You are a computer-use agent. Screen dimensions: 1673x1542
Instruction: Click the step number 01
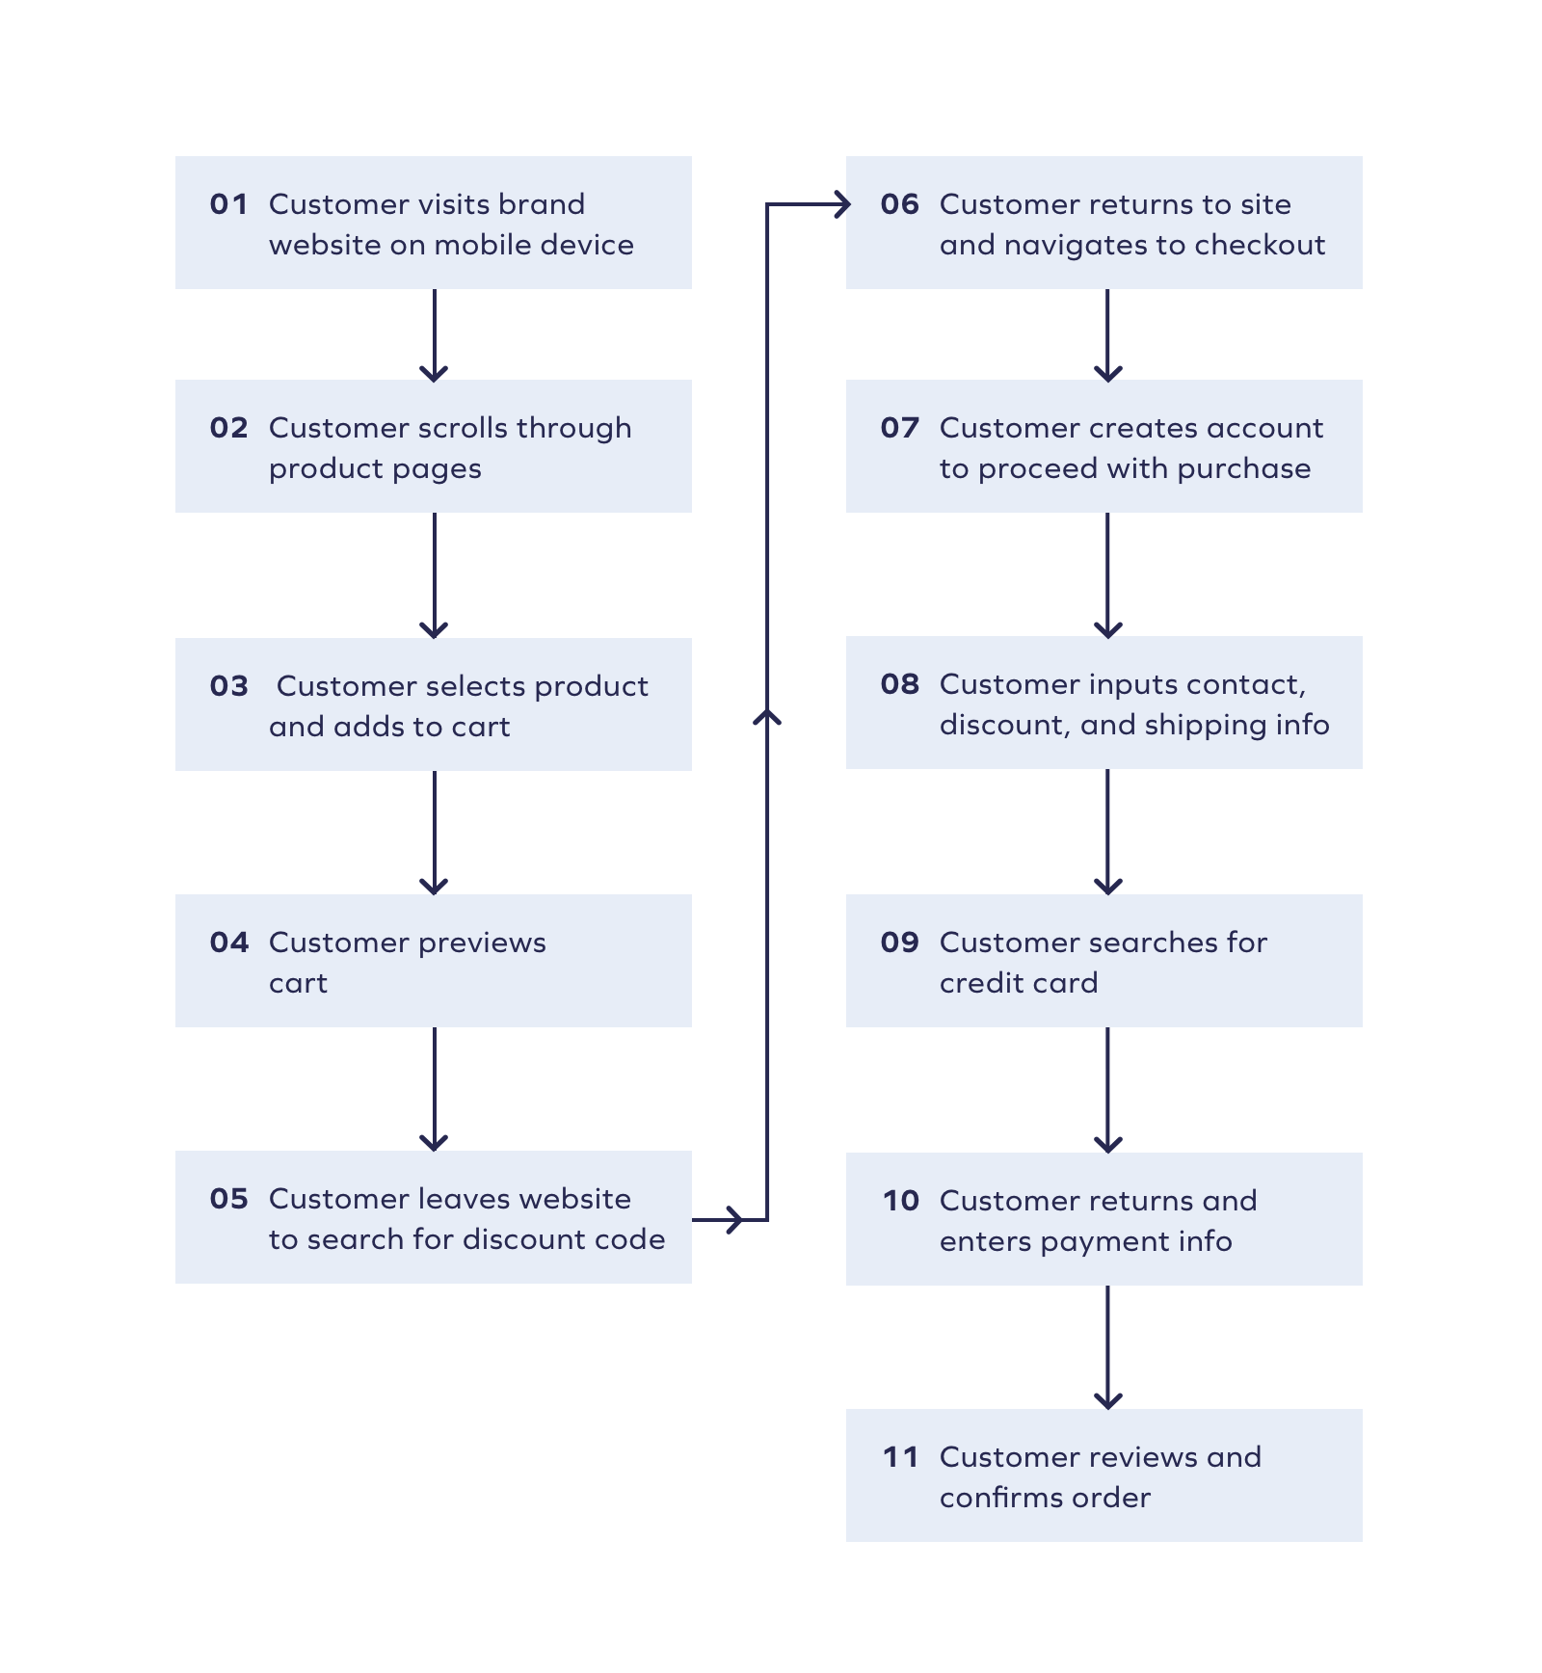pos(228,204)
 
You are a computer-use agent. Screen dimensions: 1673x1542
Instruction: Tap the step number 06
pos(899,204)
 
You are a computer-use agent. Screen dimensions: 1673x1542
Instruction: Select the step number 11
pos(900,1457)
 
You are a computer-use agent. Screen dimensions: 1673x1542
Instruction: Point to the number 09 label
pos(899,943)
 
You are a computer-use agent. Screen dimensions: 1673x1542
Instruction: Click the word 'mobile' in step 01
pos(482,245)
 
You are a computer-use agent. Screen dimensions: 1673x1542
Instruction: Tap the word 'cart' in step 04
pos(298,983)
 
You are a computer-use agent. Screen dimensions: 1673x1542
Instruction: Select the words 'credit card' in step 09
pos(1018,983)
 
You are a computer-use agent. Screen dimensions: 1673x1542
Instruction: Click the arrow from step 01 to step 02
pos(434,334)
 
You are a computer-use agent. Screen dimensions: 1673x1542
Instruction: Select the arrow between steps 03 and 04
pos(434,832)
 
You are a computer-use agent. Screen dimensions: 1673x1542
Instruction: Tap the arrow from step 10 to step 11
pos(1107,1346)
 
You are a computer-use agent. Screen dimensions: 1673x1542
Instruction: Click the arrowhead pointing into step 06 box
pos(841,204)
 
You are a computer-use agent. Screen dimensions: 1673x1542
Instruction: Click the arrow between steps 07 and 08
pos(1107,574)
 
